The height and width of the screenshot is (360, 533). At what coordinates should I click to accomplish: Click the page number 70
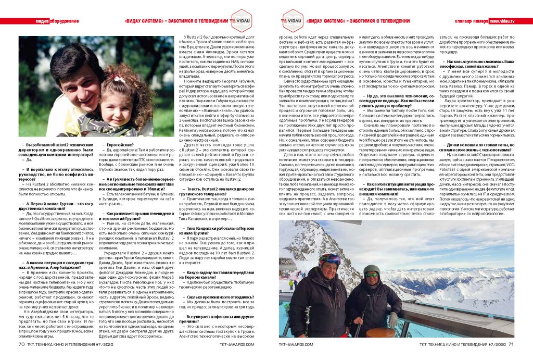point(21,343)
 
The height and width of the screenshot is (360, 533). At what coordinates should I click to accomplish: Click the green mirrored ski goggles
point(371,275)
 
